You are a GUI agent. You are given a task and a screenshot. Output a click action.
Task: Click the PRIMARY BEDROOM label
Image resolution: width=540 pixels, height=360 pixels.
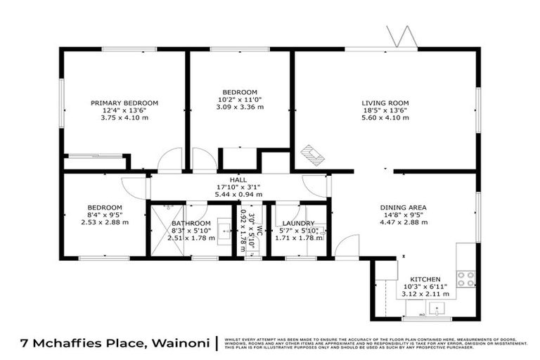[124, 103]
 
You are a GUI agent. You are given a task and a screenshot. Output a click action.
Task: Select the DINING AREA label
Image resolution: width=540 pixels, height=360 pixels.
[404, 207]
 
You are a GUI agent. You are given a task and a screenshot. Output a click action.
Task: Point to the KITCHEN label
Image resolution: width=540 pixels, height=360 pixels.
[425, 278]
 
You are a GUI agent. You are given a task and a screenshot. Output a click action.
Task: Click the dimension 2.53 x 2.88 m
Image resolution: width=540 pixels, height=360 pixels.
[105, 222]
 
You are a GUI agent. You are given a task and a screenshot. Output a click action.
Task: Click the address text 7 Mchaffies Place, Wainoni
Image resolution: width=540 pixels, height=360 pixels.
[108, 343]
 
